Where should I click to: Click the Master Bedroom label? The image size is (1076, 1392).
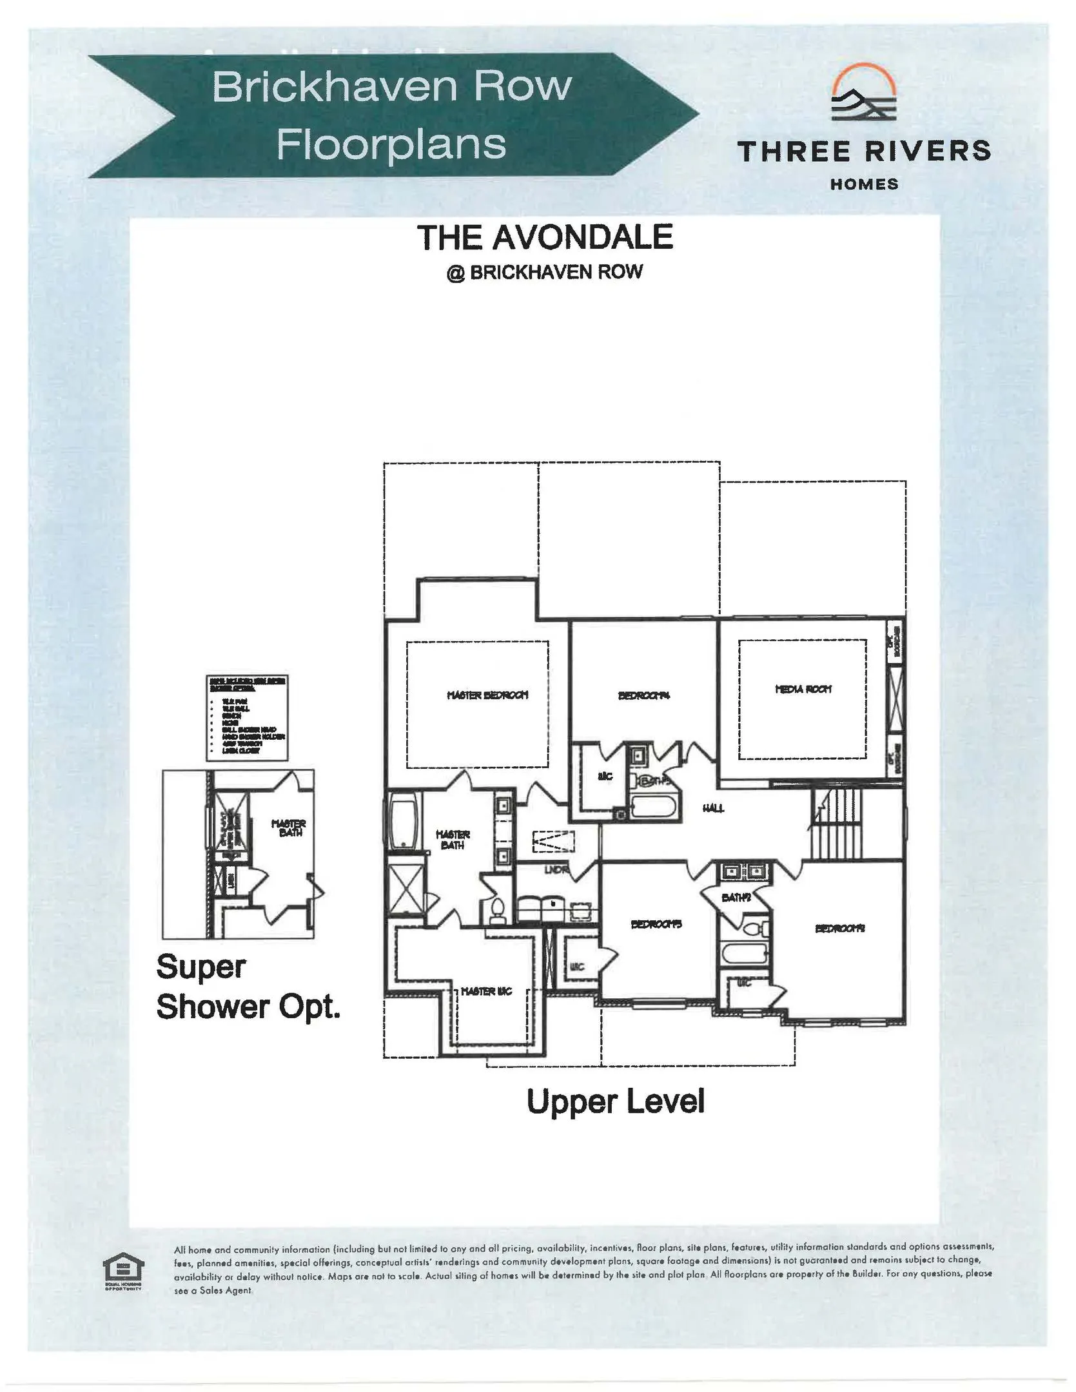tap(487, 695)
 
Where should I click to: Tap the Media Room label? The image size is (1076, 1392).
tap(803, 689)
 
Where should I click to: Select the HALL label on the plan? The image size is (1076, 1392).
tap(714, 808)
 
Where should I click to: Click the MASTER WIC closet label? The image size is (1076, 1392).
tap(487, 991)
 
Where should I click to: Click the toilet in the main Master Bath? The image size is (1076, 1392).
tap(497, 909)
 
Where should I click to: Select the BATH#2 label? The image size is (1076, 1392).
tap(735, 898)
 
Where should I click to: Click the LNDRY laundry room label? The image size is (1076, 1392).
tap(556, 870)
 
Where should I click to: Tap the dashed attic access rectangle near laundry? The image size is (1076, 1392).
tap(553, 843)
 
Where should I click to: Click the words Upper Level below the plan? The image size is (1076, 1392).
tap(615, 1101)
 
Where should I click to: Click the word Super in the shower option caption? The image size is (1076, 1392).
tap(201, 967)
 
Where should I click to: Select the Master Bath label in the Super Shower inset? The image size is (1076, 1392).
tap(288, 828)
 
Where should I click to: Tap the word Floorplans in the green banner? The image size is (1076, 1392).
tap(391, 144)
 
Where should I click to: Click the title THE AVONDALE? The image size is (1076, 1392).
tap(545, 237)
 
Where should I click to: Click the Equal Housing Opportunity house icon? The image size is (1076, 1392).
tap(124, 1269)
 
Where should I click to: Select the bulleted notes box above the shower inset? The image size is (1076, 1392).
tap(248, 718)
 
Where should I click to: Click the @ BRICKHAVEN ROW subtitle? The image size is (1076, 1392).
tap(545, 272)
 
